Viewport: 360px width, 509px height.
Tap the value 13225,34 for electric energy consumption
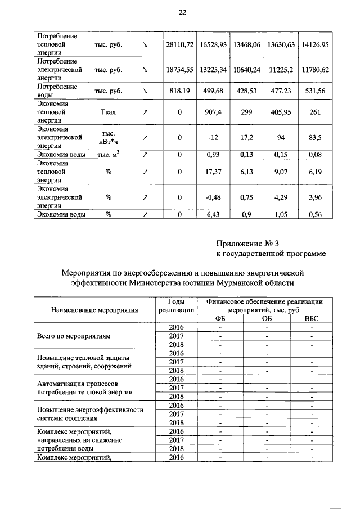coord(213,70)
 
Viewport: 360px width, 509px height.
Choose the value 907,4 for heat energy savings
coord(213,112)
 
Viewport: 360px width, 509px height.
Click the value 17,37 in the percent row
coord(213,172)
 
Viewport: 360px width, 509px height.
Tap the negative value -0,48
coord(213,197)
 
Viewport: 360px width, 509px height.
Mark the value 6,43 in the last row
coord(213,214)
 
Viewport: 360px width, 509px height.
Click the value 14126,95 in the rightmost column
coord(315,43)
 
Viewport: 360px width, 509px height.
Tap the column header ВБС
coord(310,318)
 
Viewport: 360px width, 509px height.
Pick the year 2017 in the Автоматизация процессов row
coord(177,388)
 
